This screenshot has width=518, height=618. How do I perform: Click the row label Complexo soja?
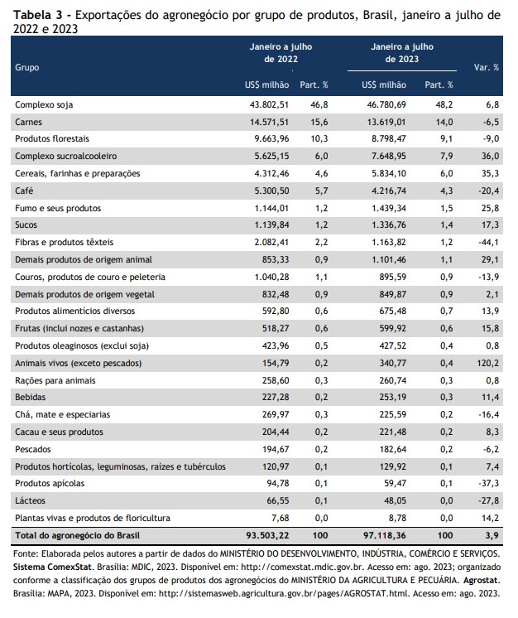(44, 105)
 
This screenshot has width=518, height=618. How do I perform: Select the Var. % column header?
(486, 67)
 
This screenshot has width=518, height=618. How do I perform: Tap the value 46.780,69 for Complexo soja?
(384, 105)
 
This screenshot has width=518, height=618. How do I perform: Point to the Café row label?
(24, 191)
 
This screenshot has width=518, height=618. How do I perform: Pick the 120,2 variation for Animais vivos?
(487, 363)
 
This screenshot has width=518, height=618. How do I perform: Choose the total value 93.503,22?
(267, 536)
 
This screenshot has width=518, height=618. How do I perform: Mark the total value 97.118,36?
(384, 536)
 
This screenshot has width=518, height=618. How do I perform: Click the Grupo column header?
(27, 67)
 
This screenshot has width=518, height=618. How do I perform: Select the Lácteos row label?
(30, 501)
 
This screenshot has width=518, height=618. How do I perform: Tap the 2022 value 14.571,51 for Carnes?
(269, 122)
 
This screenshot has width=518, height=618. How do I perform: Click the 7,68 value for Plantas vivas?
(281, 519)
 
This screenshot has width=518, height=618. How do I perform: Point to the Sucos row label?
(26, 225)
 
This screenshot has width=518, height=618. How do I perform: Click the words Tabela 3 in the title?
(38, 15)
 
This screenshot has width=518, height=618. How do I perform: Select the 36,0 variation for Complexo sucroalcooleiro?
(490, 157)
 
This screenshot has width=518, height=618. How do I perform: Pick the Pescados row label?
(33, 449)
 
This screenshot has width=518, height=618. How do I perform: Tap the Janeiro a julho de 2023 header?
(402, 53)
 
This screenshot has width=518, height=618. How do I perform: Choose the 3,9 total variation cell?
(492, 536)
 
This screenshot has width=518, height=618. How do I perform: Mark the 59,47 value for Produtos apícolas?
(396, 484)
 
